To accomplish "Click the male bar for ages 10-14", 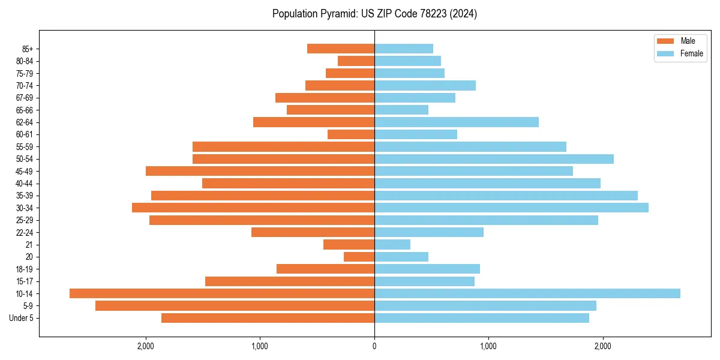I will point(222,293).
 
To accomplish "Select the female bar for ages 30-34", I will point(511,208).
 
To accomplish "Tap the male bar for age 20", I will point(359,257).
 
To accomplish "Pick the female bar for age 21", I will point(392,244).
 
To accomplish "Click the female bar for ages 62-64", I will point(457,122).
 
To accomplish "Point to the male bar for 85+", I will point(341,49).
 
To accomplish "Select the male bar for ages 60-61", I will point(351,134).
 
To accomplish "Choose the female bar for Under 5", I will point(482,318).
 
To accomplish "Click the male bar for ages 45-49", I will point(260,171).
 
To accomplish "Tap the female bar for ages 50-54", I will point(494,159).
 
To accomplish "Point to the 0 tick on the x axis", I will point(374,346).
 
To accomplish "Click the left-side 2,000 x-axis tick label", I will point(146,346).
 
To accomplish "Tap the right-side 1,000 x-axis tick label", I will point(488,346).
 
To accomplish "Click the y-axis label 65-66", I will point(25,110).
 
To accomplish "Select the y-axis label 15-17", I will point(25,281).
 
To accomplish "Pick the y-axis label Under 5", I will point(22,318).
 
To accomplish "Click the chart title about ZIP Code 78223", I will point(374,14).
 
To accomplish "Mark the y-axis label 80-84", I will point(25,61).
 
